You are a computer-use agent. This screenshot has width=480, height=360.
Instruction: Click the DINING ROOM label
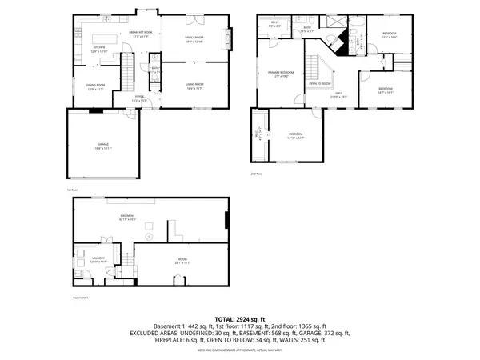coord(97,87)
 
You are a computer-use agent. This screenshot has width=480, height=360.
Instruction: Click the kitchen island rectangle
coord(104,39)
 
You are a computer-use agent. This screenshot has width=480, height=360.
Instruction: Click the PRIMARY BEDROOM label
coord(275,74)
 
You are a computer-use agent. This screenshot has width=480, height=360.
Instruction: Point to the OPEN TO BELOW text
coord(321,83)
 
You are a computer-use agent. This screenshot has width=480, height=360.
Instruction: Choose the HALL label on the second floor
coord(339,94)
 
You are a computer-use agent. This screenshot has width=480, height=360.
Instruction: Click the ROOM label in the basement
coord(182,260)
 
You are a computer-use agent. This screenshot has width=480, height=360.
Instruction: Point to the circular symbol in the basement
coord(148,237)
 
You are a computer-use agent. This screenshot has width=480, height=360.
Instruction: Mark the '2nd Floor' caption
coord(257,173)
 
